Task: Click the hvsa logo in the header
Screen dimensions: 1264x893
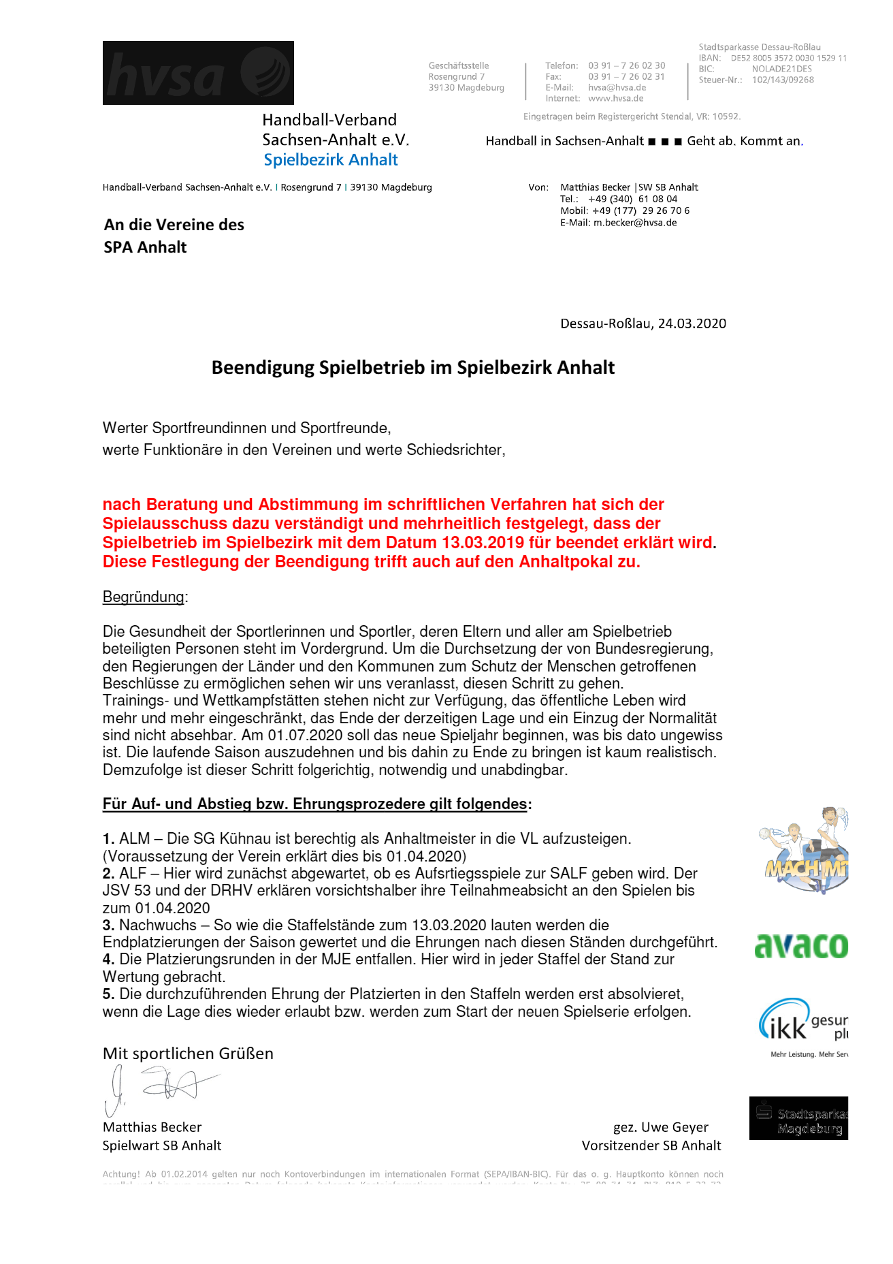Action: tap(198, 73)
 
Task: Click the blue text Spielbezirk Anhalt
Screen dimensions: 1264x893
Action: tap(331, 160)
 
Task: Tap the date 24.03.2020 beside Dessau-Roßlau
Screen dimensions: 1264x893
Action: tap(692, 323)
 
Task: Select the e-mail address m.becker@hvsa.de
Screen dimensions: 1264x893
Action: tap(635, 223)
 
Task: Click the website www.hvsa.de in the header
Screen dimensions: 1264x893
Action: tap(615, 98)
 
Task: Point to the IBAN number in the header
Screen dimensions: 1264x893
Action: tap(788, 58)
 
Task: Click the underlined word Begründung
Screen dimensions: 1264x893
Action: tap(144, 597)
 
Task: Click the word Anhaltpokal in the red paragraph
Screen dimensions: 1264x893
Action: tap(564, 562)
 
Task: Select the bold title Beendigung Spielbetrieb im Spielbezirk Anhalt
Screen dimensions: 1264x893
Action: tap(413, 368)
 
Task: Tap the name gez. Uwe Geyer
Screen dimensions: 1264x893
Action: tap(660, 1127)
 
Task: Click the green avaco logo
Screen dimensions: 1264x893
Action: tap(801, 946)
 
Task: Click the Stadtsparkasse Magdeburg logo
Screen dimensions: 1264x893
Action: tap(798, 1118)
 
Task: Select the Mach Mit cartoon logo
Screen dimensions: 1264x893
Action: tap(803, 851)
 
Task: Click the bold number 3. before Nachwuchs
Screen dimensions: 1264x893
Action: tap(109, 926)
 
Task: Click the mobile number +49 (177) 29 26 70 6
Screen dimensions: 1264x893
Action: tap(640, 211)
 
